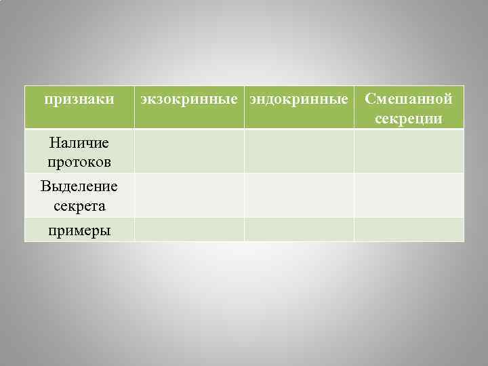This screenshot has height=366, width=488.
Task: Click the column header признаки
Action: (x=79, y=100)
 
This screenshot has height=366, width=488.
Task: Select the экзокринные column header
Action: (x=189, y=100)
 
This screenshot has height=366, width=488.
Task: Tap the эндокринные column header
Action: (x=299, y=100)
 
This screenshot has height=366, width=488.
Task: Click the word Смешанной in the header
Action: (x=408, y=100)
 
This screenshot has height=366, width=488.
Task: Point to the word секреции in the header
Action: (x=408, y=119)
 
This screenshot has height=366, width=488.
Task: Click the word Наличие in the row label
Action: (x=79, y=143)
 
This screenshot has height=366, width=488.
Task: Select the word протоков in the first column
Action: (x=79, y=162)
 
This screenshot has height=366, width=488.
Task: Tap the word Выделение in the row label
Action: (x=79, y=186)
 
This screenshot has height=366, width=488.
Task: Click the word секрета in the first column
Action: (x=79, y=205)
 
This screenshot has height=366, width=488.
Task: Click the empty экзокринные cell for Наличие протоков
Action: (x=189, y=151)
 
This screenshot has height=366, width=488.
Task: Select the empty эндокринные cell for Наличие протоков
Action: (x=299, y=151)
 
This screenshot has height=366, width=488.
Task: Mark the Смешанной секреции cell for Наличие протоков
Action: (x=409, y=151)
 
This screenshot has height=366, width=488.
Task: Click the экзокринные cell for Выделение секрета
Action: (x=189, y=195)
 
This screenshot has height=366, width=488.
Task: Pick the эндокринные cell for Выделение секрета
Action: (x=299, y=195)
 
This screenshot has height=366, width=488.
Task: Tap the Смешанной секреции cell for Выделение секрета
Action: (x=409, y=195)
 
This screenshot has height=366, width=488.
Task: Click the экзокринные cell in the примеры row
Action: (x=189, y=230)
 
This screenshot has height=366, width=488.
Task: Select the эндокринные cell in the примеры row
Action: (x=299, y=230)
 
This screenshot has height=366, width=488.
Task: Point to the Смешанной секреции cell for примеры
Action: (x=409, y=230)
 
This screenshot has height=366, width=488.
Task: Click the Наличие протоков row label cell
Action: (x=79, y=152)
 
